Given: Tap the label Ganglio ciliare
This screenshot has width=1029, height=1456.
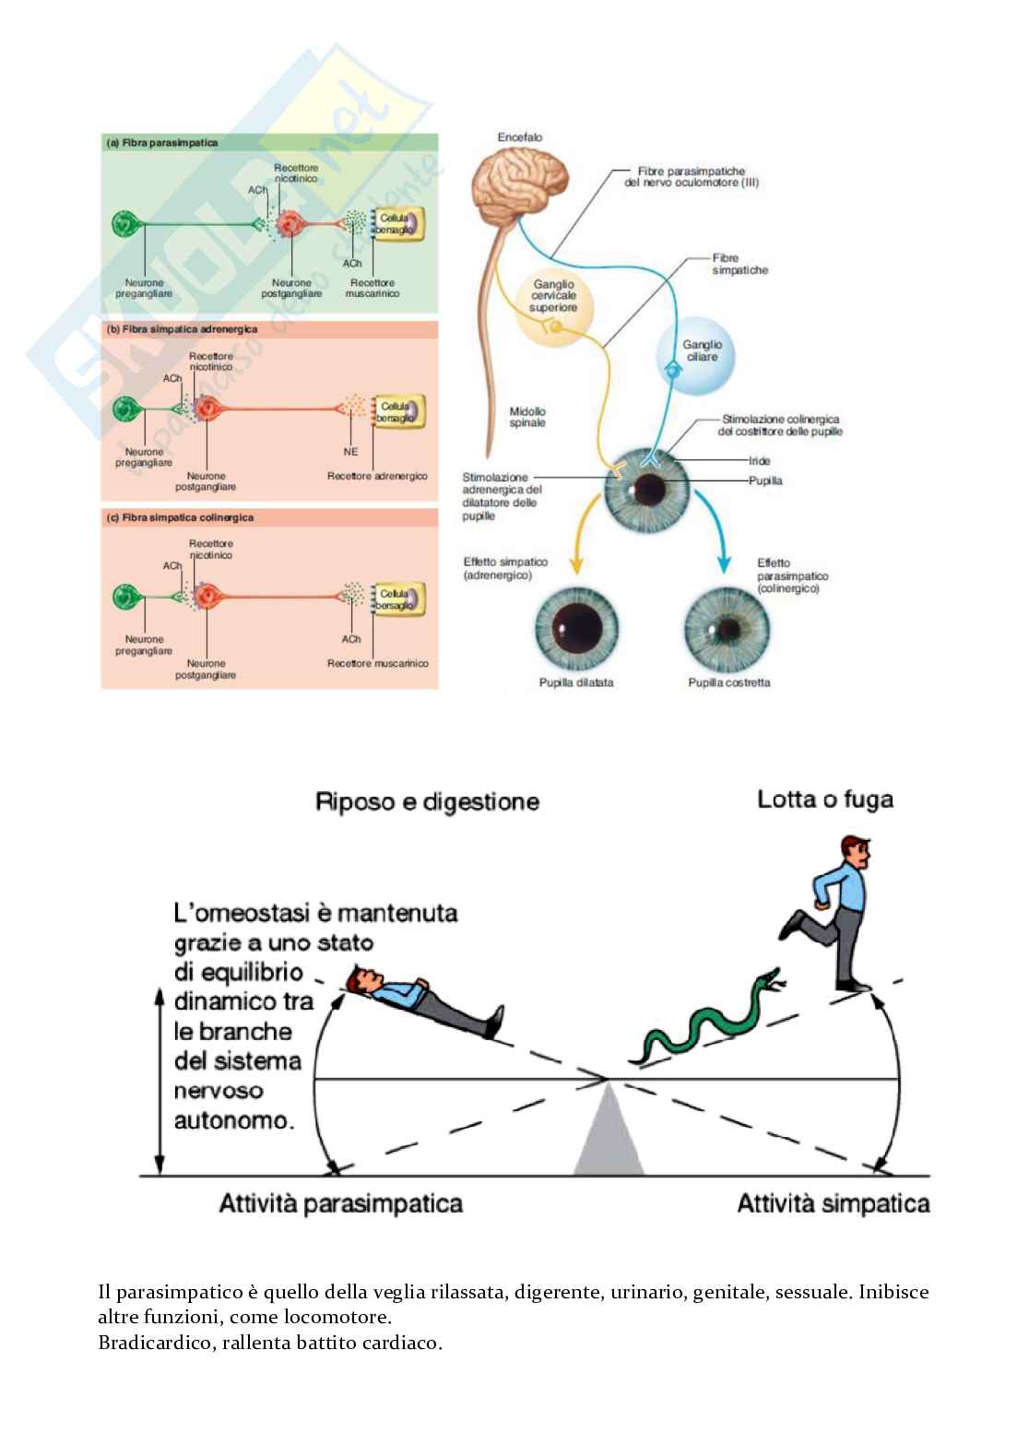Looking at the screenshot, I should (702, 350).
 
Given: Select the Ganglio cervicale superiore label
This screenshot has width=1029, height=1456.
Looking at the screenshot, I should (553, 296).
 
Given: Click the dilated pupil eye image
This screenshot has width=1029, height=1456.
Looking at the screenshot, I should (577, 629).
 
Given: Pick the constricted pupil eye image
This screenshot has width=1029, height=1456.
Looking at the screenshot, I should (728, 629).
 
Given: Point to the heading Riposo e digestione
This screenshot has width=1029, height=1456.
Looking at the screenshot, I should (427, 801).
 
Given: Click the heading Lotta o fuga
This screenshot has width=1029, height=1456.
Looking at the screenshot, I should (825, 799).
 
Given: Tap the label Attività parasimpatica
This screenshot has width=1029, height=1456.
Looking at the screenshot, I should (340, 1203).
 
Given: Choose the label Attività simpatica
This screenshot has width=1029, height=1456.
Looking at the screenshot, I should (833, 1203).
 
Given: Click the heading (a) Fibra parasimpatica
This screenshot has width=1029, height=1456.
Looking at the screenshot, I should (162, 143).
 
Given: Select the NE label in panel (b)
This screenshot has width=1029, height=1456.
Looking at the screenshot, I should (350, 452).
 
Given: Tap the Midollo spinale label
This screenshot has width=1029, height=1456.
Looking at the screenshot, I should (527, 417).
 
